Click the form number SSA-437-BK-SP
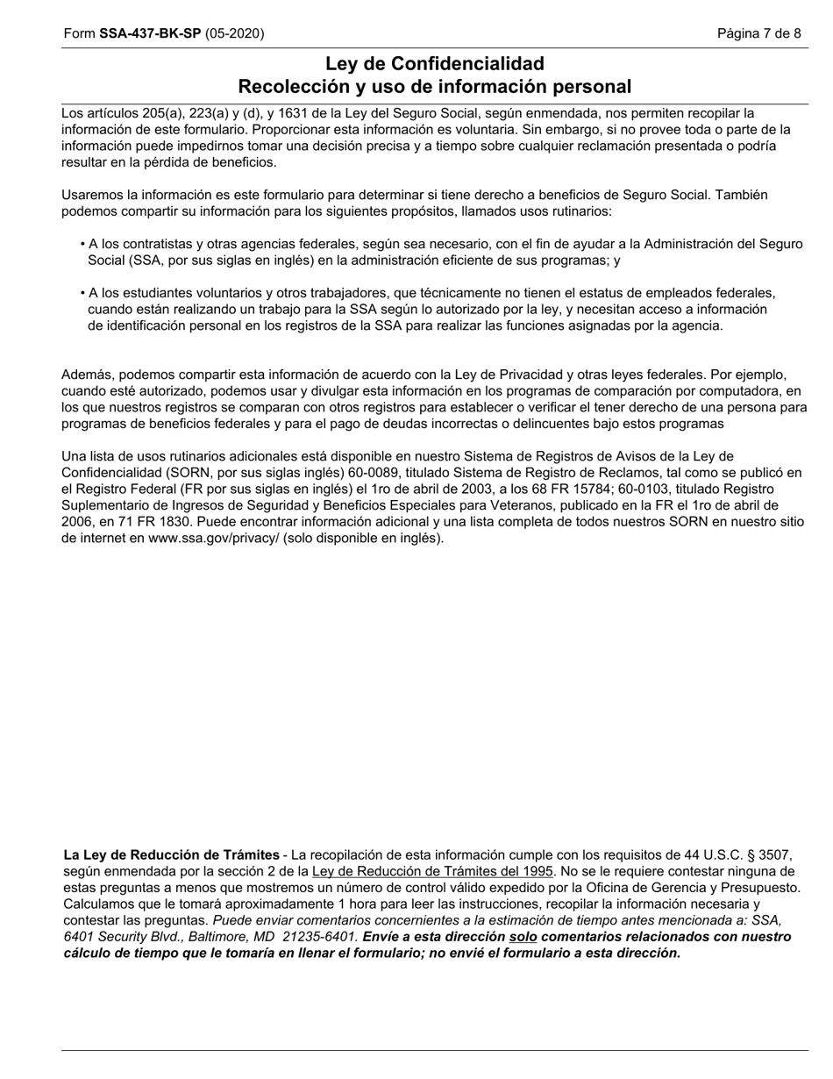pos(150,33)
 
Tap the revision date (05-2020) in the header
pos(234,33)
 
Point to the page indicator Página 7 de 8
pos(758,33)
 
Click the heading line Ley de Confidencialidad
pos(434,64)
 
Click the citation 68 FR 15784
pos(576,489)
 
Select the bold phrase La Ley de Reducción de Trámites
pos(171,855)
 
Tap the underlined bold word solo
pos(523,938)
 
